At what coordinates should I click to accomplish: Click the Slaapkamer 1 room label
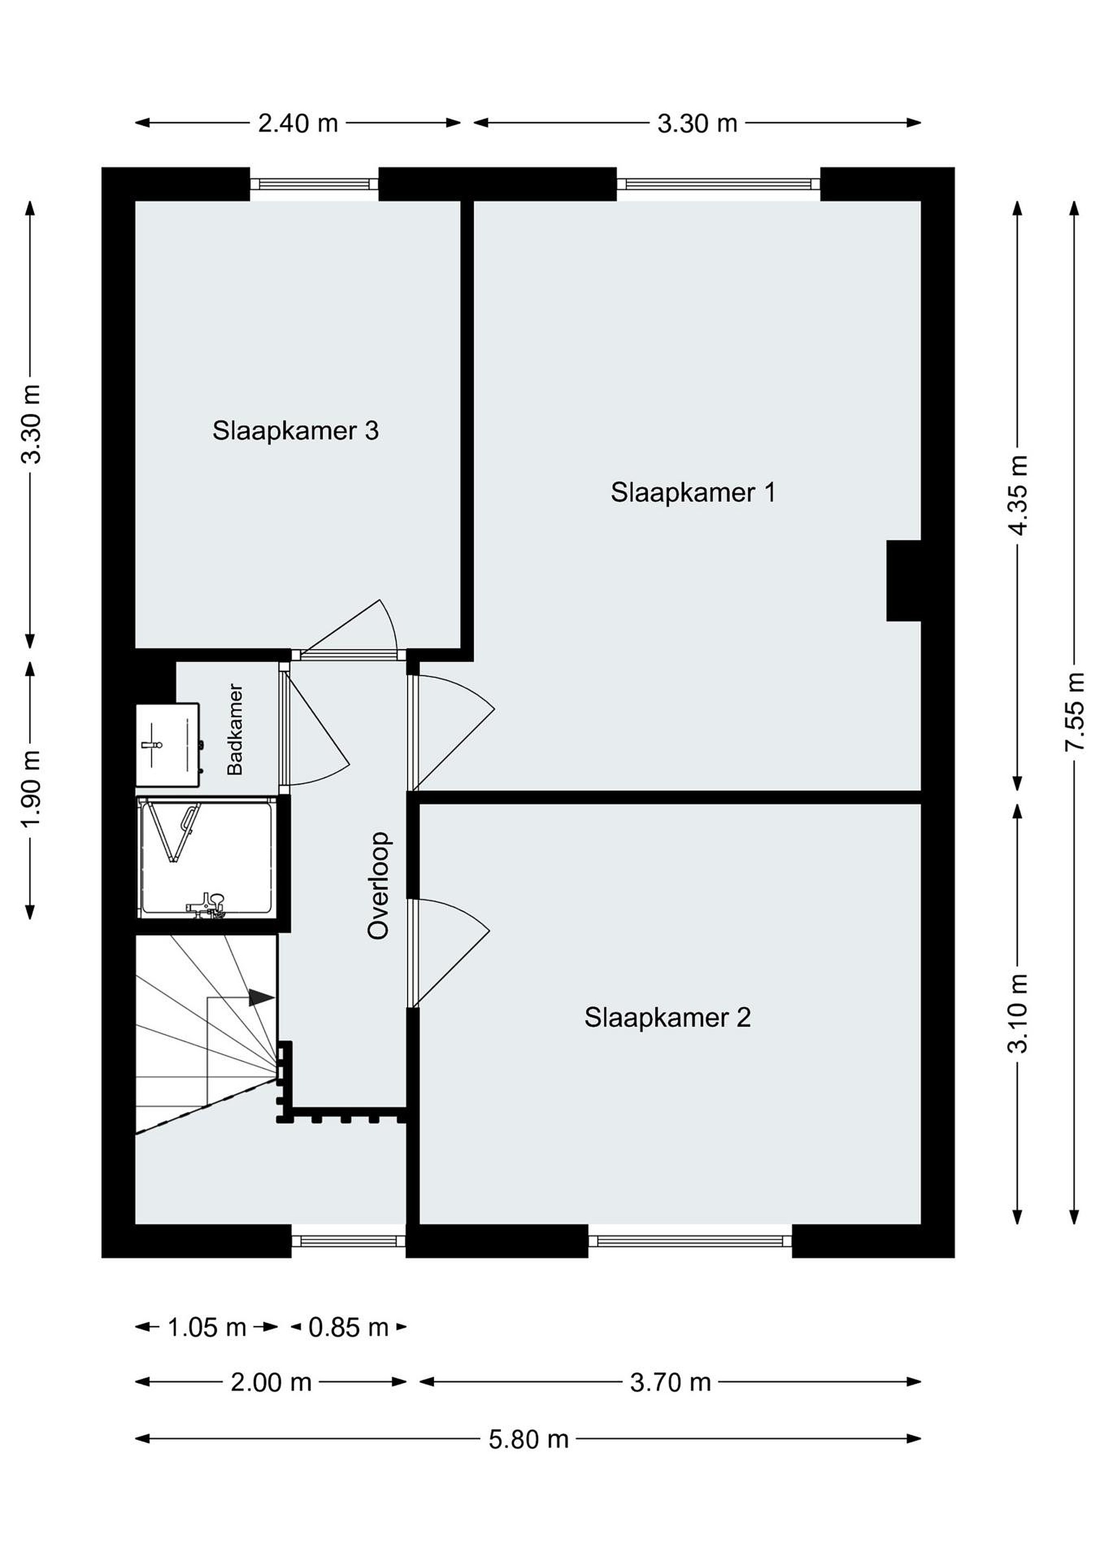click(x=692, y=492)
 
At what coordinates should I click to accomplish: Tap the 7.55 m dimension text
click(x=1074, y=712)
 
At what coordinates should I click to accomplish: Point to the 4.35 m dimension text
click(x=1018, y=495)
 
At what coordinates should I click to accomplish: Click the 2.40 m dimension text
click(x=298, y=123)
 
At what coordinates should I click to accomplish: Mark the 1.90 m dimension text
click(x=31, y=789)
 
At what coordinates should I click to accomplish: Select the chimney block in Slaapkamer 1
click(x=903, y=580)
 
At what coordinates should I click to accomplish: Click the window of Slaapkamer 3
click(x=314, y=184)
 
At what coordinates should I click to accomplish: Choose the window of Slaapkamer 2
click(x=690, y=1241)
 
